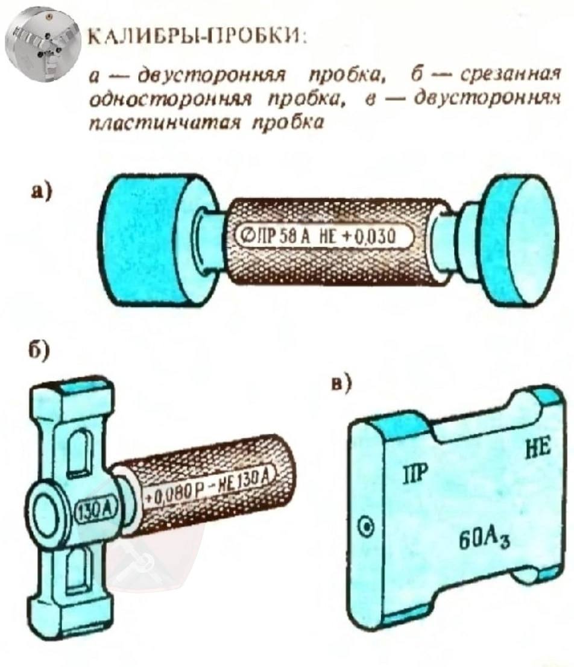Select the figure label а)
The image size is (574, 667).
pyautogui.click(x=41, y=192)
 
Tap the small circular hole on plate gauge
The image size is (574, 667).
pyautogui.click(x=364, y=528)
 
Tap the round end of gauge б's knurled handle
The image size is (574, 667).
pyautogui.click(x=284, y=458)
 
